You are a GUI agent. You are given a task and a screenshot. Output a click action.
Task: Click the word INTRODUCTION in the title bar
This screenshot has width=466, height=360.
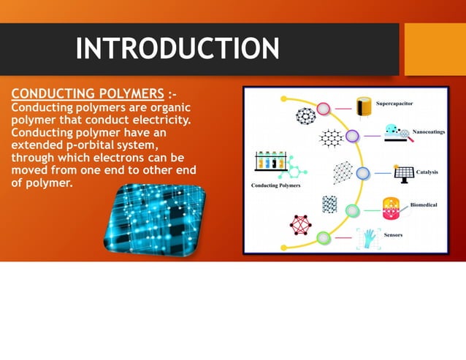click(177, 49)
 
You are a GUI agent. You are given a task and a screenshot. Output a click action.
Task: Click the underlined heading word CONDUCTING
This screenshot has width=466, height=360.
click(47, 94)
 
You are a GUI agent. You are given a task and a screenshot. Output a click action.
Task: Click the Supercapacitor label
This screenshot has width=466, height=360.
click(394, 104)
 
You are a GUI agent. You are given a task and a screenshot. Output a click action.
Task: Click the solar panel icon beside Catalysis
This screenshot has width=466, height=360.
click(404, 173)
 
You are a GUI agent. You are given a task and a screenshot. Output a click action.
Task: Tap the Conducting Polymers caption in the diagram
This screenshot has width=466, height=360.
click(276, 185)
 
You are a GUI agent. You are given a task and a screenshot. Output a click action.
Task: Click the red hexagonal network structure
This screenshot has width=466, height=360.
click(300, 225)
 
